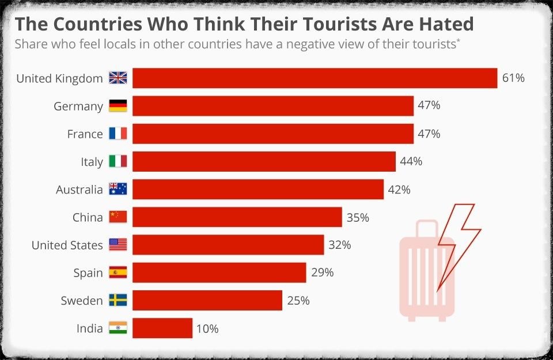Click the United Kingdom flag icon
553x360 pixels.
pyautogui.click(x=118, y=78)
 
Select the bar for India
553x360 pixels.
pyautogui.click(x=162, y=328)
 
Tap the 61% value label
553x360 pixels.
pyautogui.click(x=513, y=78)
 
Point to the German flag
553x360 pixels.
pyautogui.click(x=118, y=106)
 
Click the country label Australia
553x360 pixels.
pyautogui.click(x=79, y=190)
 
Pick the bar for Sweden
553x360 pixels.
pyautogui.click(x=207, y=301)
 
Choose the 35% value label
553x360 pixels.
pyautogui.click(x=358, y=218)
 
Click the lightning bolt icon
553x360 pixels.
pyautogui.click(x=458, y=242)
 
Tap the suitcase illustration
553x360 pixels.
pyautogui.click(x=423, y=271)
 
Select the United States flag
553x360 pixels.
pyautogui.click(x=118, y=245)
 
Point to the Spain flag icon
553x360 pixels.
pyautogui.click(x=118, y=273)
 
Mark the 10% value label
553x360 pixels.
pyautogui.click(x=207, y=329)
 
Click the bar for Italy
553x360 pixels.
pyautogui.click(x=264, y=162)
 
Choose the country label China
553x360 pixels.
pyautogui.click(x=88, y=218)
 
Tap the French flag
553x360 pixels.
pyautogui.click(x=118, y=134)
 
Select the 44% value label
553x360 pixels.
pyautogui.click(x=411, y=162)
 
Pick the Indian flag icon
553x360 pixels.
pyautogui.click(x=118, y=328)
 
